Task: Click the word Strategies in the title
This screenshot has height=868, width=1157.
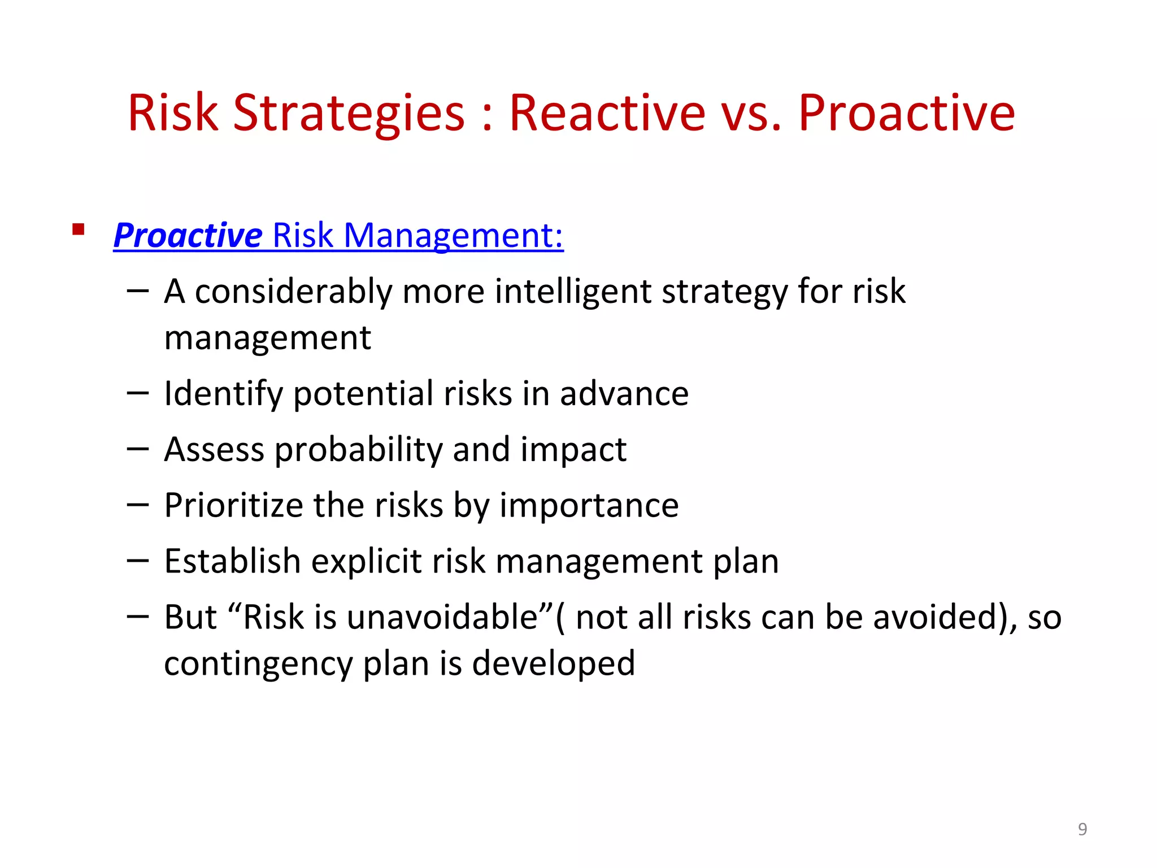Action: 349,113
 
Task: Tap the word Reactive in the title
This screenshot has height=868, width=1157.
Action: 607,113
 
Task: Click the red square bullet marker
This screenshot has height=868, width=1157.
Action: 79,229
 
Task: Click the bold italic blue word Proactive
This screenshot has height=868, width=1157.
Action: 188,235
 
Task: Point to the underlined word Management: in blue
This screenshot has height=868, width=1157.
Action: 453,235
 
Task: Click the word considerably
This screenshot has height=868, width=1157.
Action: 293,292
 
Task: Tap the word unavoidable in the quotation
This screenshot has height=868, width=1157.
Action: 442,617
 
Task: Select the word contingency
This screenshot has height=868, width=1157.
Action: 258,663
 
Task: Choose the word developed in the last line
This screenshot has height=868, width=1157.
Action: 553,663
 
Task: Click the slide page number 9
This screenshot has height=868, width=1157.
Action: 1082,829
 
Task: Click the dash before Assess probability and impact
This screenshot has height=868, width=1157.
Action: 138,449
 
